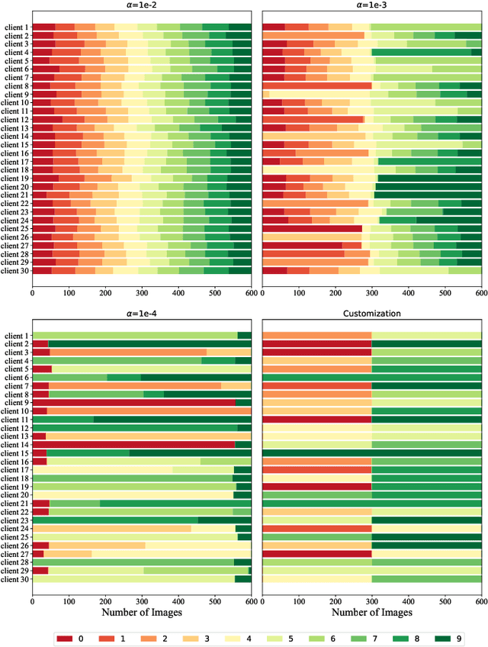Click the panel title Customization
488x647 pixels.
pyautogui.click(x=371, y=314)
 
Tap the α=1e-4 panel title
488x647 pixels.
pyautogui.click(x=142, y=314)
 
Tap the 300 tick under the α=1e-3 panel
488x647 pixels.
pyautogui.click(x=372, y=291)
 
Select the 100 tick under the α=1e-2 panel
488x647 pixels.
pyautogui.click(x=69, y=291)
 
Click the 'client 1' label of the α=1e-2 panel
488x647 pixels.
pyautogui.click(x=15, y=27)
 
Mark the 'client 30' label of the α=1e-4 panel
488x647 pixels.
pyautogui.click(x=14, y=579)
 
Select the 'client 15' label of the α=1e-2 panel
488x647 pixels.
pyautogui.click(x=14, y=144)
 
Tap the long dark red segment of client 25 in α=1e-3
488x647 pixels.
pyautogui.click(x=313, y=228)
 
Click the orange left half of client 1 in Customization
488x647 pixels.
pyautogui.click(x=316, y=336)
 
